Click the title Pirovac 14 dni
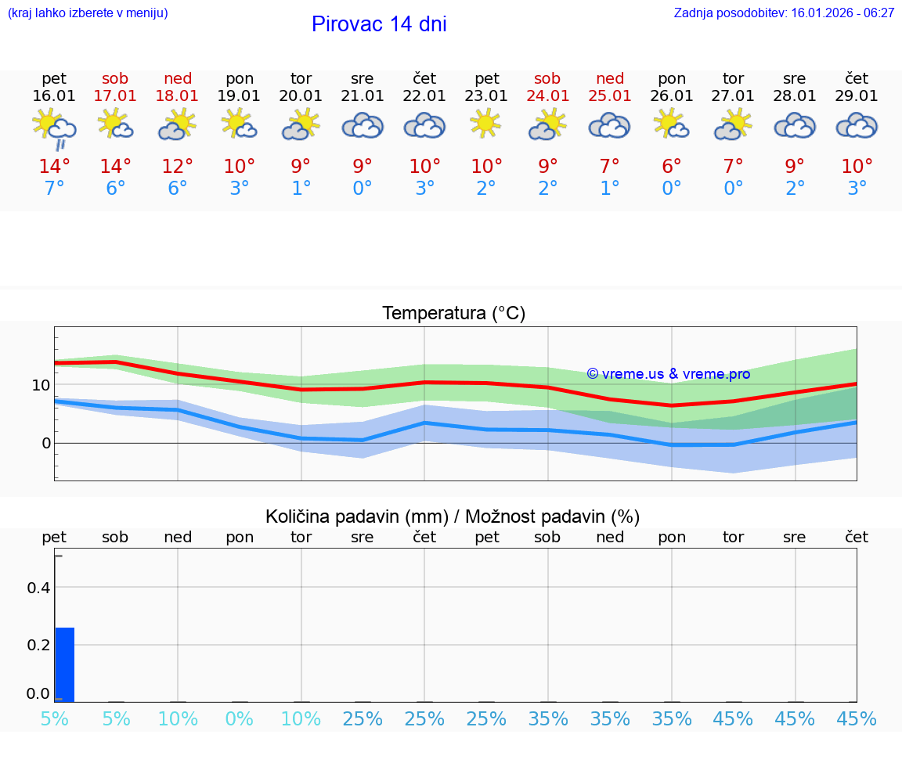click(x=379, y=24)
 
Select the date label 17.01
click(x=115, y=96)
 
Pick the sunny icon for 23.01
click(x=486, y=124)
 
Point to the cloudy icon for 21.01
click(x=363, y=126)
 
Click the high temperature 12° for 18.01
click(x=178, y=166)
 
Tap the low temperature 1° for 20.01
click(x=301, y=189)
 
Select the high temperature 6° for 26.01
click(x=672, y=166)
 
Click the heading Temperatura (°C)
click(x=453, y=314)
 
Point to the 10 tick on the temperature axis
click(x=41, y=385)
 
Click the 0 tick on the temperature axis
click(x=45, y=443)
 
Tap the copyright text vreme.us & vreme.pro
click(x=669, y=374)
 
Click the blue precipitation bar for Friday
click(x=65, y=664)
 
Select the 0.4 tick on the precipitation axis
click(x=39, y=588)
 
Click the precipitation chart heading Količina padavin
click(x=453, y=516)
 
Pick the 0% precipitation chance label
click(x=240, y=718)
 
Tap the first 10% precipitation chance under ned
click(x=178, y=718)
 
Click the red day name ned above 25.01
click(x=610, y=78)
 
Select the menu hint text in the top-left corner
click(x=88, y=13)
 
